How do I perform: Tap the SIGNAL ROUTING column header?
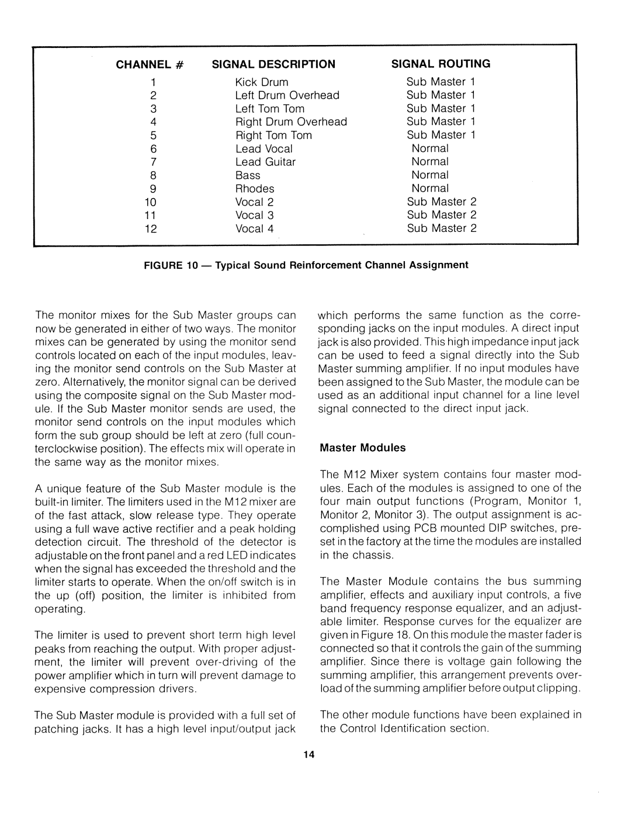pyautogui.click(x=441, y=64)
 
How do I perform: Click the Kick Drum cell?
pyautogui.click(x=262, y=82)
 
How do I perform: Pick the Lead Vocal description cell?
pyautogui.click(x=264, y=149)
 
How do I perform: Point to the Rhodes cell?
pyautogui.click(x=255, y=189)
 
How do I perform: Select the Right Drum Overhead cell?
pyautogui.click(x=291, y=122)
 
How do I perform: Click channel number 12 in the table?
pyautogui.click(x=151, y=229)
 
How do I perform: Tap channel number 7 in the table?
pyautogui.click(x=154, y=162)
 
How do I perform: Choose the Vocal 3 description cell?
pyautogui.click(x=254, y=216)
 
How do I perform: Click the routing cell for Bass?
pyautogui.click(x=430, y=175)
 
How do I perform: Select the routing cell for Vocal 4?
pyautogui.click(x=442, y=228)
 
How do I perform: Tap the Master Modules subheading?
pyautogui.click(x=362, y=448)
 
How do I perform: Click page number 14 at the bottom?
pyautogui.click(x=309, y=755)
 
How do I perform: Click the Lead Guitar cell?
pyautogui.click(x=265, y=162)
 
